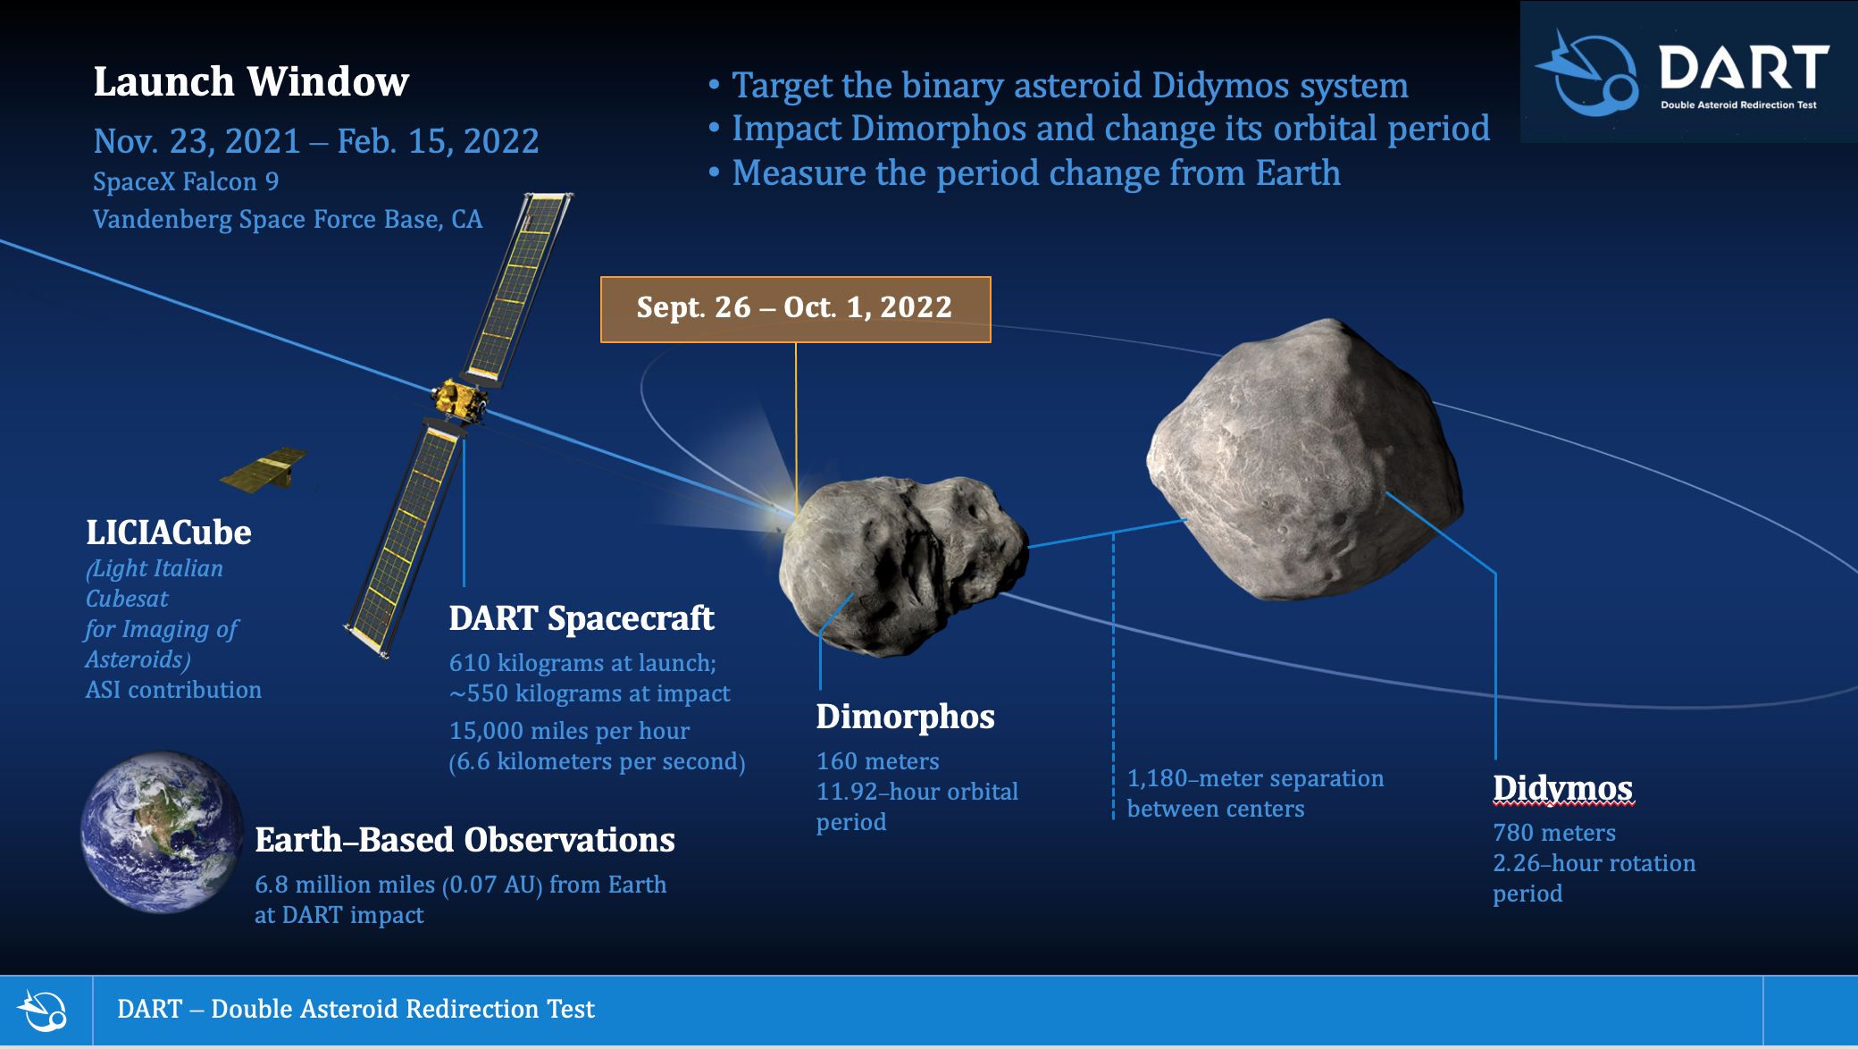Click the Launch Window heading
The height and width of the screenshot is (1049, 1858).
pyautogui.click(x=251, y=82)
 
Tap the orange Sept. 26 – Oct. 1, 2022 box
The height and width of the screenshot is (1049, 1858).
pyautogui.click(x=794, y=308)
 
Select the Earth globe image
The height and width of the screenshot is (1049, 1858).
pyautogui.click(x=162, y=832)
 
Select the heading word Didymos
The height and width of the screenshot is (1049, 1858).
pyautogui.click(x=1562, y=789)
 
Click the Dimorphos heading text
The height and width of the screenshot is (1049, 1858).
pyautogui.click(x=905, y=717)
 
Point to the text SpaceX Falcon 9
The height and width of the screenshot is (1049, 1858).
pyautogui.click(x=186, y=182)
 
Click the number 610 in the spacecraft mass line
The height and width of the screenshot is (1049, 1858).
pyautogui.click(x=470, y=663)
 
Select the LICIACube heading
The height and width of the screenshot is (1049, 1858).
pyautogui.click(x=168, y=533)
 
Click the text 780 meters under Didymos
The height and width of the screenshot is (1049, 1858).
pyautogui.click(x=1553, y=833)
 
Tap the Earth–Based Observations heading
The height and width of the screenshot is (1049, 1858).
pyautogui.click(x=464, y=840)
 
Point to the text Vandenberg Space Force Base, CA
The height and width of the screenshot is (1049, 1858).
pyautogui.click(x=287, y=220)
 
